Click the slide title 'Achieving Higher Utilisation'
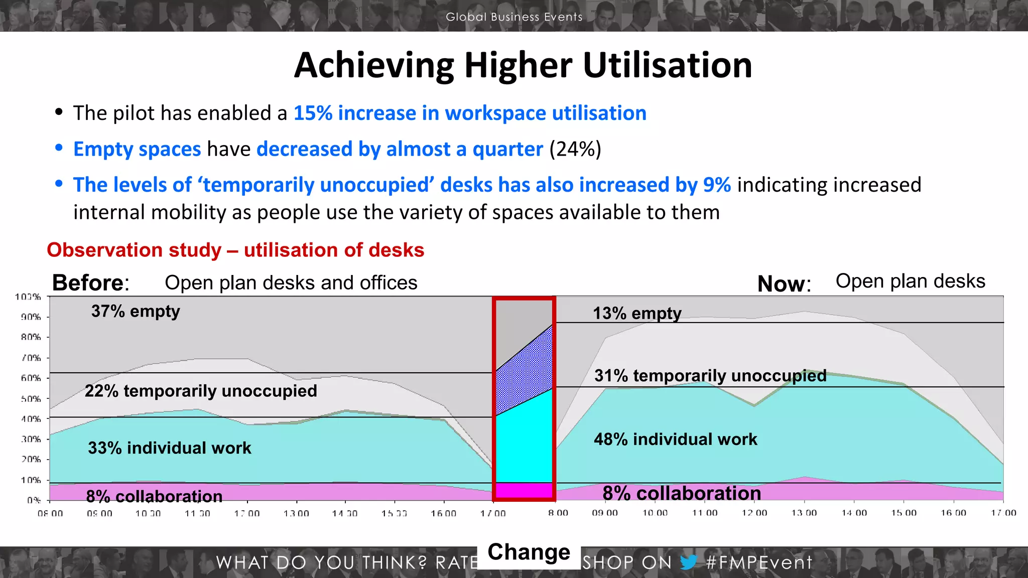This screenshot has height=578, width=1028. click(523, 66)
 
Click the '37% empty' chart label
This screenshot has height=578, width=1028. click(136, 312)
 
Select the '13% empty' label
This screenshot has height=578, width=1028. click(637, 314)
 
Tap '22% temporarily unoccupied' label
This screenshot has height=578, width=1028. click(201, 391)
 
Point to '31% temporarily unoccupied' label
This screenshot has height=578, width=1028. click(710, 376)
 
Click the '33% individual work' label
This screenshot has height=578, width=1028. click(170, 448)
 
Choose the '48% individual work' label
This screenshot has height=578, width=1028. click(675, 440)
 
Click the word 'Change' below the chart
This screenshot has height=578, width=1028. click(529, 552)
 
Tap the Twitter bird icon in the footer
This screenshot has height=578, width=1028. click(689, 562)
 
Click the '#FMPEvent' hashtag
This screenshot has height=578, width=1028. click(758, 562)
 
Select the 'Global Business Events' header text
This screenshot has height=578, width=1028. click(514, 17)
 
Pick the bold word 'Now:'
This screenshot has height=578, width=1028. click(784, 284)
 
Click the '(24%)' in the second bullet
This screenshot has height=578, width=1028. click(575, 150)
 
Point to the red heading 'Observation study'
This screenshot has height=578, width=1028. click(134, 250)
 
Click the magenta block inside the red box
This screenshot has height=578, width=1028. click(524, 490)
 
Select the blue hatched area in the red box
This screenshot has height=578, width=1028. click(524, 371)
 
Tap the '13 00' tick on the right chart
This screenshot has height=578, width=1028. click(804, 513)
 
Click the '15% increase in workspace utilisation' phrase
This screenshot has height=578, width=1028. click(469, 113)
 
